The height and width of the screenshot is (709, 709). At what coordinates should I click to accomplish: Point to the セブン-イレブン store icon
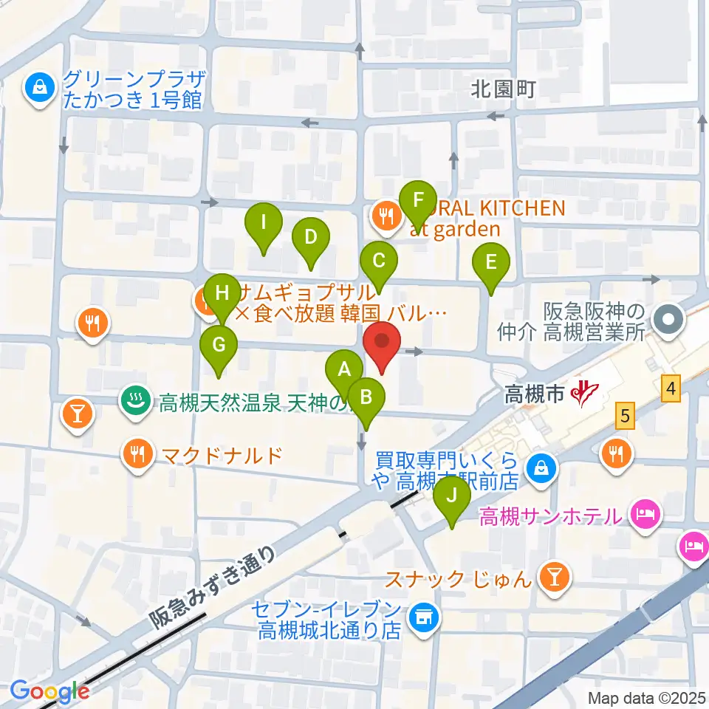tap(423, 620)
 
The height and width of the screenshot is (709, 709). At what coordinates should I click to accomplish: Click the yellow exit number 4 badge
tap(670, 388)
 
